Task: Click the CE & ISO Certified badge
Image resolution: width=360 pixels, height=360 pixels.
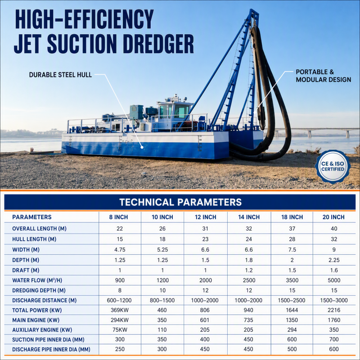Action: point(333,166)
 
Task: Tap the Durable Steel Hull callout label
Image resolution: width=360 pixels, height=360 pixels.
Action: point(60,75)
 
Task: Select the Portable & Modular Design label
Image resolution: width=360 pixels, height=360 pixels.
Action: point(323,76)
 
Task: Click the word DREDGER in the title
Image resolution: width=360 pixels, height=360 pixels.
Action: point(158,44)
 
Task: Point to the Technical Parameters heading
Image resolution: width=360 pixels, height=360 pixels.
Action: point(180,202)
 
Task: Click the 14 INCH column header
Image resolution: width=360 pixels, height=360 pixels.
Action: point(249,217)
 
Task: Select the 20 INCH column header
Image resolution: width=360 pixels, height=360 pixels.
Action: point(333,217)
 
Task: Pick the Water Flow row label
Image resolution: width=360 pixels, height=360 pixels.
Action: point(37,280)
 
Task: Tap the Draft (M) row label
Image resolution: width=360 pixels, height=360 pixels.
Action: point(26,270)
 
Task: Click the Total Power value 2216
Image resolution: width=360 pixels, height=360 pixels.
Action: point(334,310)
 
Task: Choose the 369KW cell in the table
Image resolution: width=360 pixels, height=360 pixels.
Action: point(120,310)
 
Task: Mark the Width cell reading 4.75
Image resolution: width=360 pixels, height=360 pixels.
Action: point(120,250)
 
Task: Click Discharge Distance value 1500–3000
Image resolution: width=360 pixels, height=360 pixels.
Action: point(334,300)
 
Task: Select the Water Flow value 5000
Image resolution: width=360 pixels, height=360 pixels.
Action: point(334,280)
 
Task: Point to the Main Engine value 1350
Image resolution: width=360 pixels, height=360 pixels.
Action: point(292,320)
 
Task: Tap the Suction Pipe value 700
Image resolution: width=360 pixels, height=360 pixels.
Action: point(334,339)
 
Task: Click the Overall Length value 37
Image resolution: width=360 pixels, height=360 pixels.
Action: point(292,229)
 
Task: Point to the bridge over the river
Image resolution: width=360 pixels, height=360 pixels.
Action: point(317,132)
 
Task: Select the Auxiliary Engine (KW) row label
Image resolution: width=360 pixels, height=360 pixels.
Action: point(42,330)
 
